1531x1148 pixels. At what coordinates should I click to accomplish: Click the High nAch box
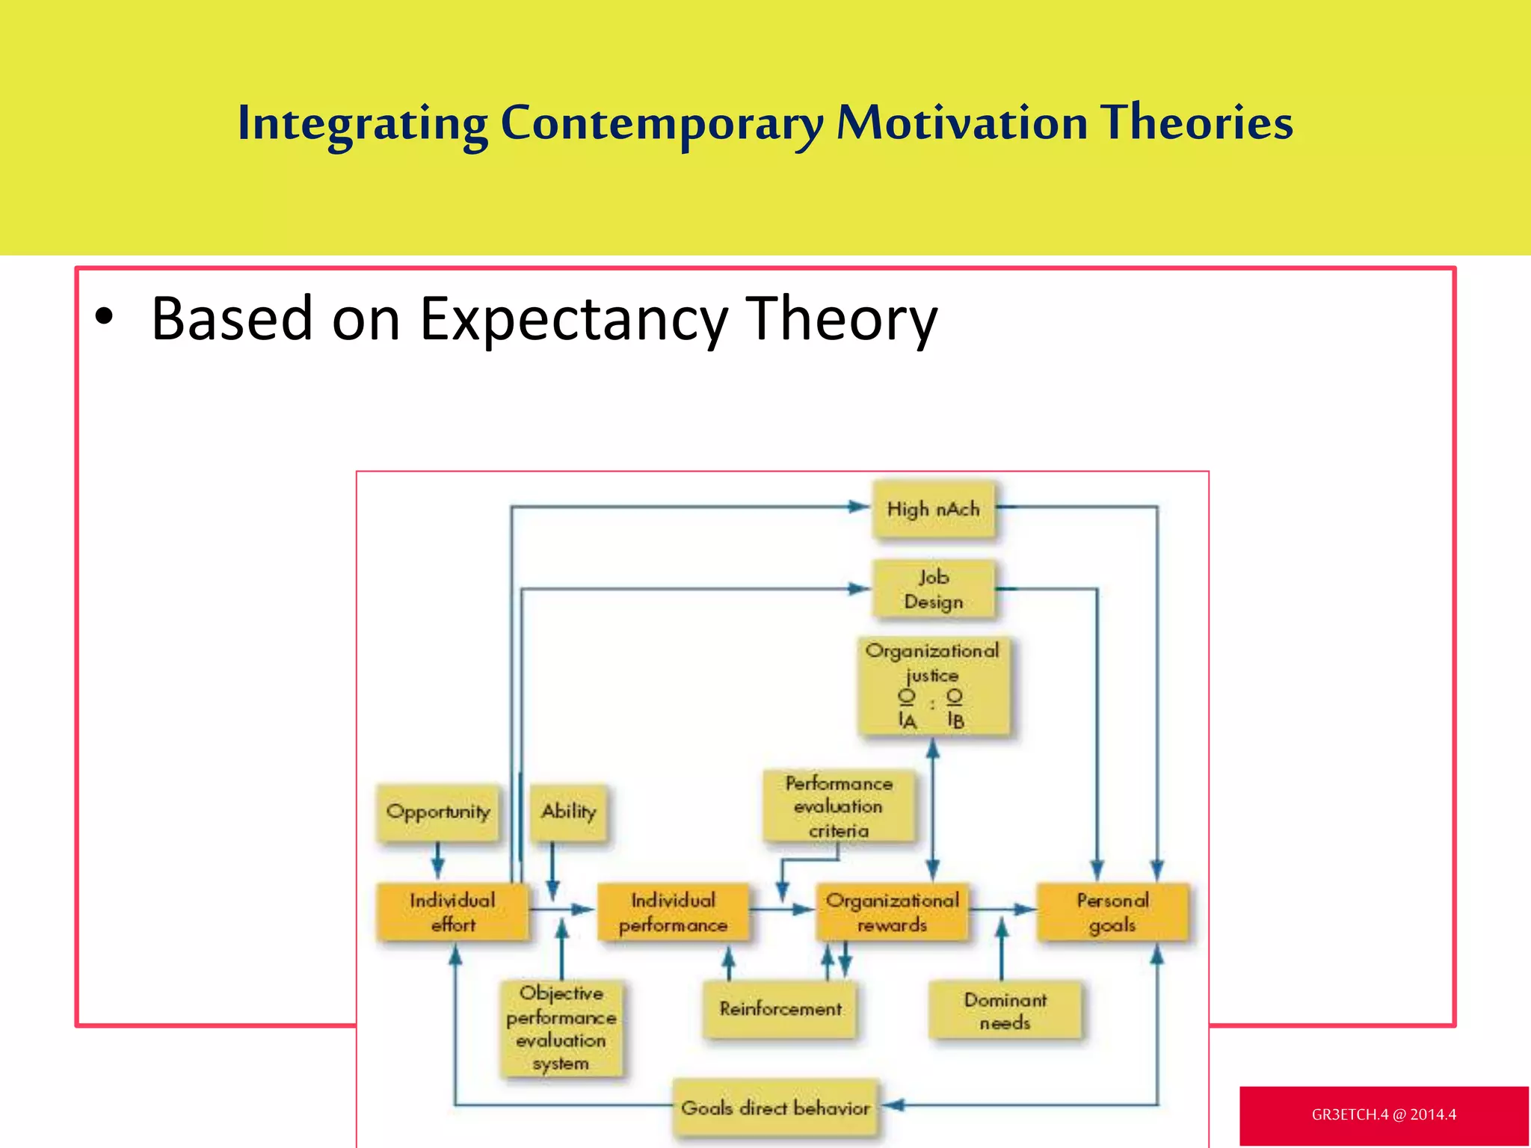point(933,509)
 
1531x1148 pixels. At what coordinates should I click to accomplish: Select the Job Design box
point(933,589)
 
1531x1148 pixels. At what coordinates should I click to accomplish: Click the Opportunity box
point(438,812)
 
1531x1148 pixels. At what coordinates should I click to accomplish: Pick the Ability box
point(568,812)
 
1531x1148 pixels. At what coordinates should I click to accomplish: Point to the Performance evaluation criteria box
point(838,806)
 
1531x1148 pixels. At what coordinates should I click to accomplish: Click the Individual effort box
point(452,912)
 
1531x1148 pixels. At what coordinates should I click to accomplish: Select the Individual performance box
point(673,912)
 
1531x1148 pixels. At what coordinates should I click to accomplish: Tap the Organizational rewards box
point(892,912)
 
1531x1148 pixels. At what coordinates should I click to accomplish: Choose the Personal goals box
point(1112,912)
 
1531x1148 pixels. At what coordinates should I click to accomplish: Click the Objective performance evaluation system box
point(561,1028)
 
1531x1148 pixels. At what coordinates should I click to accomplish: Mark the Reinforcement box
point(780,1009)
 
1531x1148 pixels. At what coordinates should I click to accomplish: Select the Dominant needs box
point(1005,1010)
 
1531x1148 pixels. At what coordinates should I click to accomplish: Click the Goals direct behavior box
point(775,1108)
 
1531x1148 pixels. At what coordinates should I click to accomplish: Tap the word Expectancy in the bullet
point(573,319)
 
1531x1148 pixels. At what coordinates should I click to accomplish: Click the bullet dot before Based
point(104,317)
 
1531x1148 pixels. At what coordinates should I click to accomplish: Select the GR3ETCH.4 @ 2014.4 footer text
point(1383,1114)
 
